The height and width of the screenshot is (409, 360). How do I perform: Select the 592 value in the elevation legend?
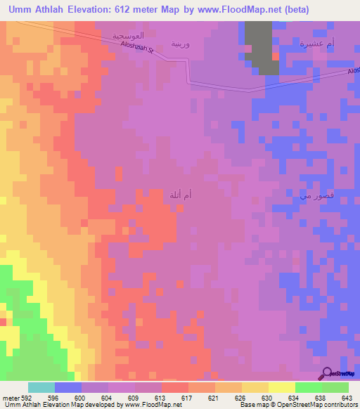pyautogui.click(x=25, y=397)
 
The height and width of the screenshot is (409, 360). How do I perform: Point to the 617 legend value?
pyautogui.click(x=187, y=397)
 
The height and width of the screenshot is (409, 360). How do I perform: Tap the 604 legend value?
pyautogui.click(x=107, y=397)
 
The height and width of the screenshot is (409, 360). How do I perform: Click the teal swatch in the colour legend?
pyautogui.click(x=41, y=387)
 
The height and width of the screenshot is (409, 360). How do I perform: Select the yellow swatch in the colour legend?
pyautogui.click(x=254, y=387)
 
